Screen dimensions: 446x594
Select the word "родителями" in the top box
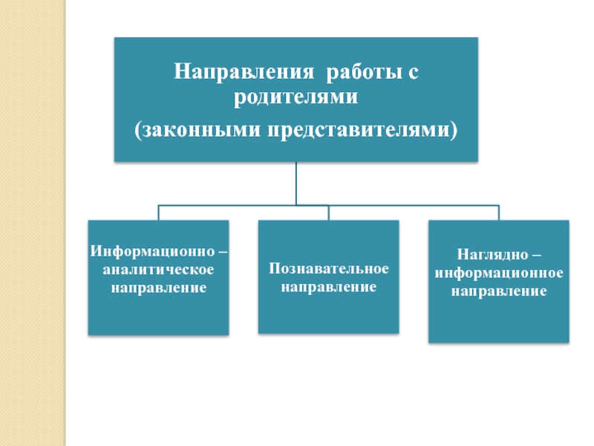pos(296,97)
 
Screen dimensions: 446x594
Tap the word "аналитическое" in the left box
pos(159,268)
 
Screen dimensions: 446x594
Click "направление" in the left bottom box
pos(159,286)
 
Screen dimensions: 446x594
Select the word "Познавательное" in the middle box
pos(328,268)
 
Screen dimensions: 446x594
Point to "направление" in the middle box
pos(328,285)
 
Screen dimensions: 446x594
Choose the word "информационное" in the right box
pos(499,274)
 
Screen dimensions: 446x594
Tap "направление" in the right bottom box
pos(499,291)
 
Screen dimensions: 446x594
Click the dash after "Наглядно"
pos(525,256)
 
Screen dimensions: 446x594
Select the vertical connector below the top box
pos(296,182)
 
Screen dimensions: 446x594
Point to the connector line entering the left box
pos(159,213)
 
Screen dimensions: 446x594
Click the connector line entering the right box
pos(499,213)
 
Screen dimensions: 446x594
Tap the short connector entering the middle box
pos(328,213)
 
